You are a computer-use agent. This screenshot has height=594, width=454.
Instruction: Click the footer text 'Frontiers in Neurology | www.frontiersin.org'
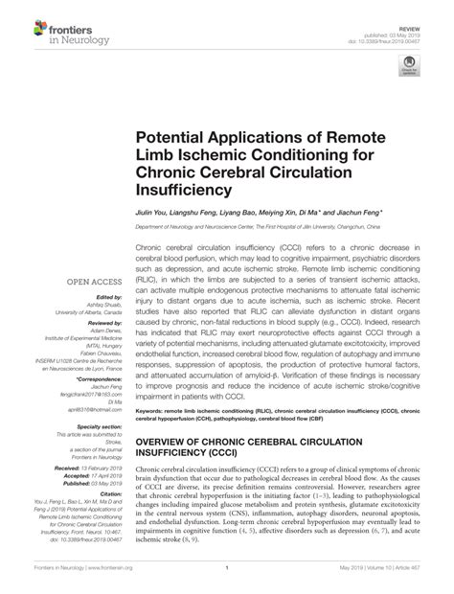pos(71,581)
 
